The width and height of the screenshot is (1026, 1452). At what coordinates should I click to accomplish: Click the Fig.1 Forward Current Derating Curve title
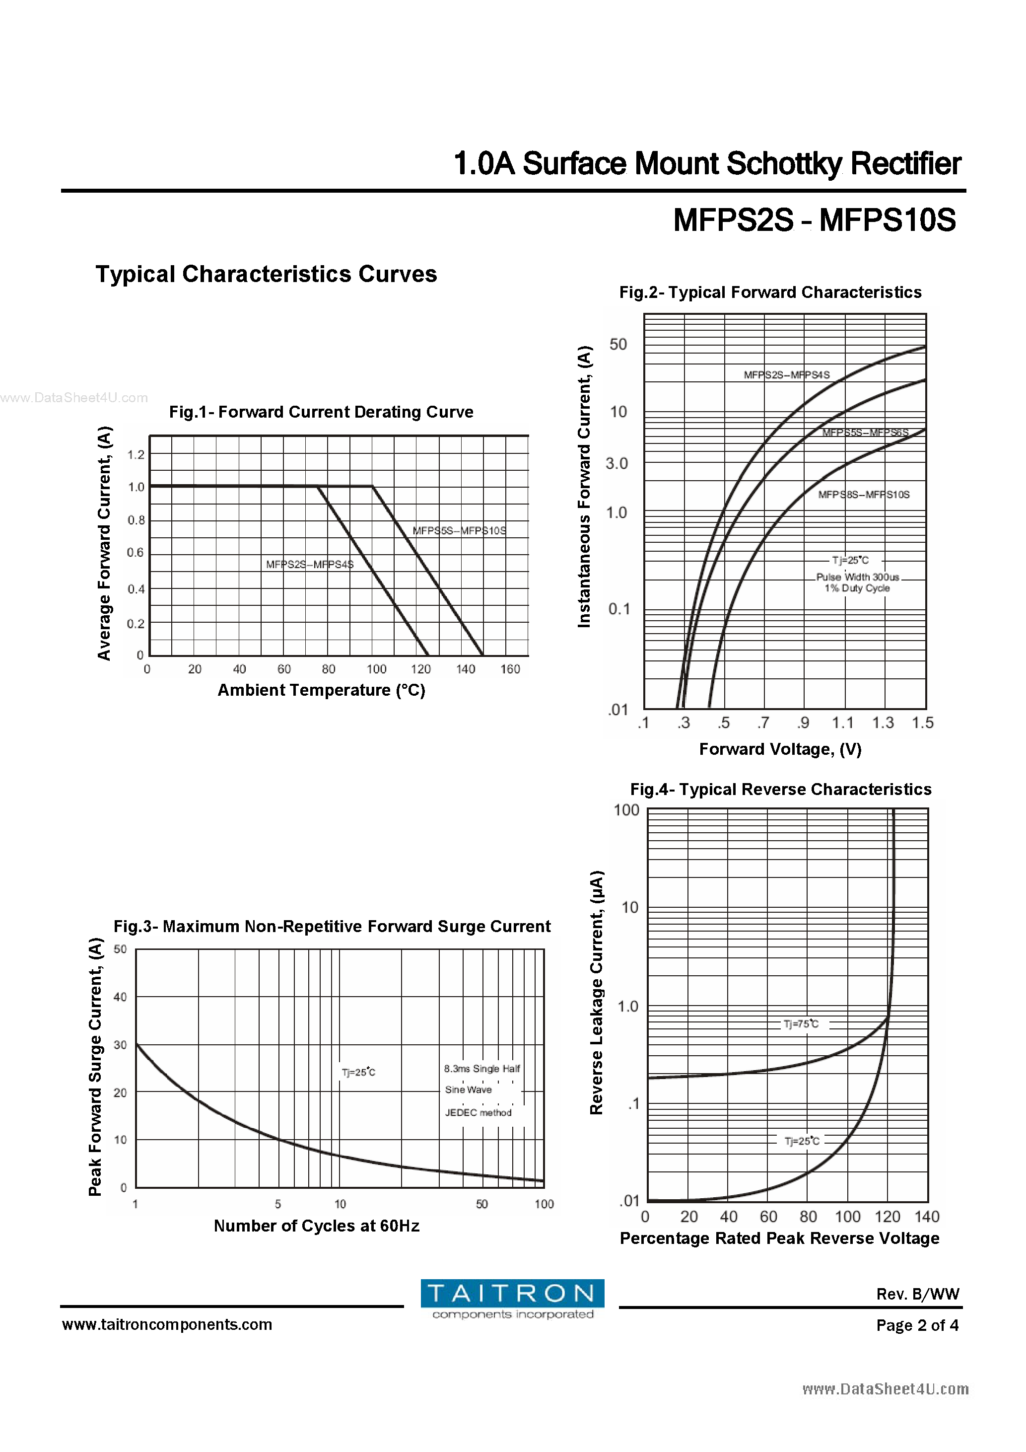click(321, 412)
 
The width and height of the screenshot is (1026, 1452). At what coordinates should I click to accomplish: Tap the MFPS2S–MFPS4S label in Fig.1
click(309, 564)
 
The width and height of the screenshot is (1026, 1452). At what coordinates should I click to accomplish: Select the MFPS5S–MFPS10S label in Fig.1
click(459, 530)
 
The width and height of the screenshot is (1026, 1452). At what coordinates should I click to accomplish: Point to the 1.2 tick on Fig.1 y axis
click(136, 455)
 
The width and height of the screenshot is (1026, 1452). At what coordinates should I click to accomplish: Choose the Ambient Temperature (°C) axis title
click(321, 690)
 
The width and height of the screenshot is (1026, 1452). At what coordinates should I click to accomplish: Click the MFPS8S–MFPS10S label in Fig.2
click(864, 495)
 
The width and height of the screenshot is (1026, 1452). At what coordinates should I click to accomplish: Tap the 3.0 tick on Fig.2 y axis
click(616, 463)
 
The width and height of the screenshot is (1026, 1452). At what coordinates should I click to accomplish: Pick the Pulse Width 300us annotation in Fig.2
click(857, 577)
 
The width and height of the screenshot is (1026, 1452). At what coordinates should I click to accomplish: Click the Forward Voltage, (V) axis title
click(780, 749)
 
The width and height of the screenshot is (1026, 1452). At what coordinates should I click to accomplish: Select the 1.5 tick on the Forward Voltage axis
click(922, 723)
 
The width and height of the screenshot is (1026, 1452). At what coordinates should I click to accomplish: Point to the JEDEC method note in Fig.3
click(478, 1112)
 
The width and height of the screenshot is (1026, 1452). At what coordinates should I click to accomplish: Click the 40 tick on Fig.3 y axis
click(120, 997)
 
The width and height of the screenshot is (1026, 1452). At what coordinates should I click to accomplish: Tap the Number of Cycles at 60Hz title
click(316, 1226)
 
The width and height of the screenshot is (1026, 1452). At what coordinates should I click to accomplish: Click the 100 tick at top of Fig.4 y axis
click(626, 810)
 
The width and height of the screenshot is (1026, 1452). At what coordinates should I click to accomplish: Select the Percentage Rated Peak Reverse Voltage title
click(779, 1238)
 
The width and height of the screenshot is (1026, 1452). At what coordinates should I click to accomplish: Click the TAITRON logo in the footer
click(512, 1299)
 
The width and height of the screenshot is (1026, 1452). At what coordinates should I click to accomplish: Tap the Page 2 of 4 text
click(917, 1325)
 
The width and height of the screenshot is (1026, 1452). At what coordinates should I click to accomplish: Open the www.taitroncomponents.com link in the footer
click(167, 1324)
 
